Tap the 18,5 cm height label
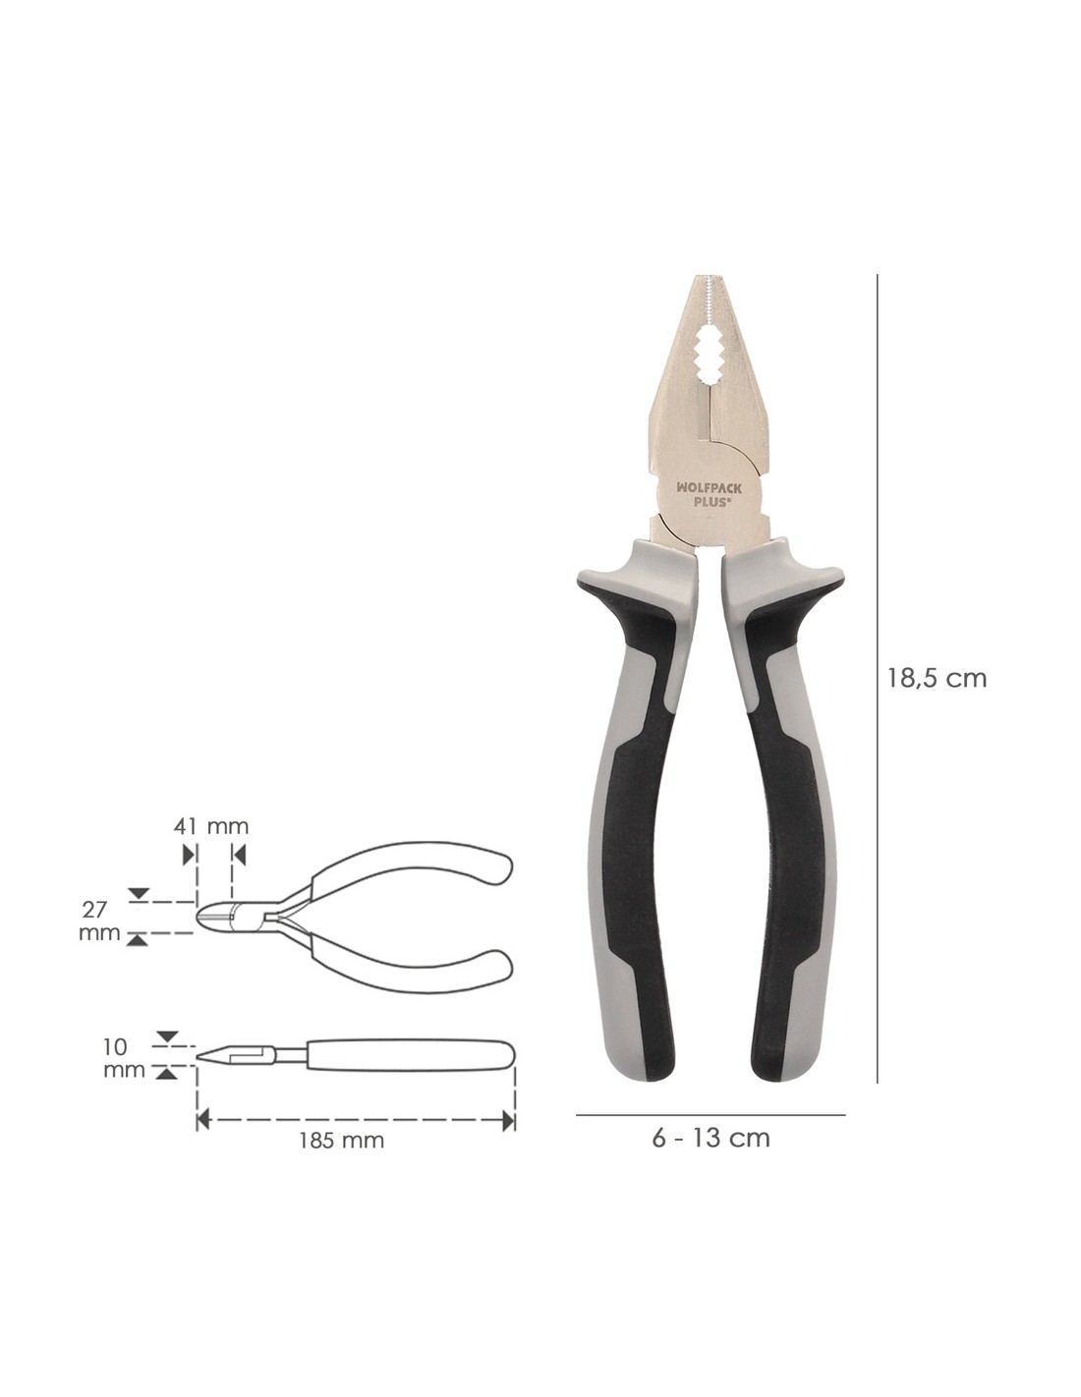coord(937,679)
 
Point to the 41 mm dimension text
coord(211,826)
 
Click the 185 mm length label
coord(342,1141)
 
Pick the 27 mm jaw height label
coord(99,921)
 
